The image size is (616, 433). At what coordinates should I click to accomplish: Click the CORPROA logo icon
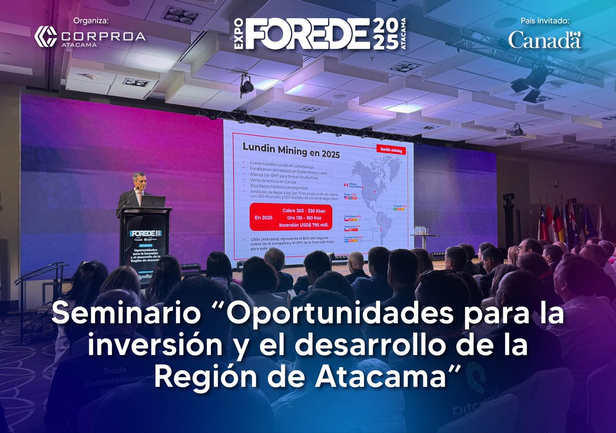[45, 36]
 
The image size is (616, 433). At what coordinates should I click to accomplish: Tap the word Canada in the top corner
[545, 40]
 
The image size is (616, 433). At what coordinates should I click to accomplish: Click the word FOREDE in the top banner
[307, 34]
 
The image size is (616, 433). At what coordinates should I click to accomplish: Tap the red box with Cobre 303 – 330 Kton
[291, 218]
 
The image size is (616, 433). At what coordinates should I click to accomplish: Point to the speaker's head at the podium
[139, 181]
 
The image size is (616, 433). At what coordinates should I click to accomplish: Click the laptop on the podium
[153, 201]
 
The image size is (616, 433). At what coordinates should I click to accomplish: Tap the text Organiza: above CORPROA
[91, 21]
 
